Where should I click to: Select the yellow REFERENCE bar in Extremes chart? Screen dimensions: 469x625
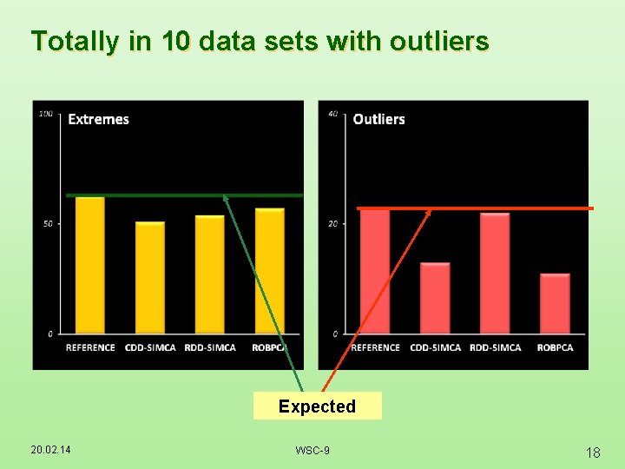(x=89, y=265)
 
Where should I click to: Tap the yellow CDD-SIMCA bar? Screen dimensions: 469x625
(x=149, y=278)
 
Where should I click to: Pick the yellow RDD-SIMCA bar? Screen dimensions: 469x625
(x=209, y=274)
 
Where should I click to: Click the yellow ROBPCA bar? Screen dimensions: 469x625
(x=269, y=271)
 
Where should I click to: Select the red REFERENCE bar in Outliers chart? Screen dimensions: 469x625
(x=375, y=271)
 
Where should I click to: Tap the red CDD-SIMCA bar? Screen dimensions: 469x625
(x=435, y=298)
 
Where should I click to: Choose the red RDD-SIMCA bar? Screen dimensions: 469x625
(x=495, y=274)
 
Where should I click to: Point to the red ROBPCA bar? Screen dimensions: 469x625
(x=555, y=304)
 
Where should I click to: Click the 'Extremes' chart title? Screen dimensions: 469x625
(x=98, y=119)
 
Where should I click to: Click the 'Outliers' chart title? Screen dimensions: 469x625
(x=378, y=119)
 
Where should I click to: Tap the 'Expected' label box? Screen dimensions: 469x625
(x=317, y=406)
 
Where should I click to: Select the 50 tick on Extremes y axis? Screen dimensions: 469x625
(x=48, y=224)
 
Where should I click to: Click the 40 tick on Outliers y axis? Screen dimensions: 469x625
(x=333, y=114)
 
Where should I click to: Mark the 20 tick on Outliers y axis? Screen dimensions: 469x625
(x=333, y=224)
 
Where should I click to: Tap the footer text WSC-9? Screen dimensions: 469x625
(x=312, y=450)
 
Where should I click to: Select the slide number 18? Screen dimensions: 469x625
(x=593, y=452)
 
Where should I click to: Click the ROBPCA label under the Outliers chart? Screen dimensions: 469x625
(x=555, y=347)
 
